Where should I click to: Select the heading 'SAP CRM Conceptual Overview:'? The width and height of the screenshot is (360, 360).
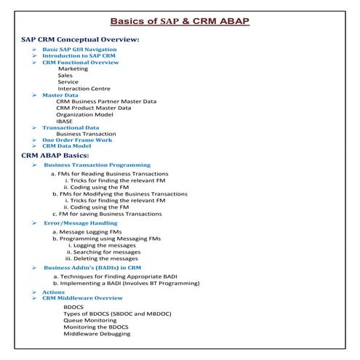[80, 39]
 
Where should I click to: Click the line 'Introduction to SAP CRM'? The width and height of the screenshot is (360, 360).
[78, 55]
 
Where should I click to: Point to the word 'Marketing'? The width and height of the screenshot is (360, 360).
[73, 69]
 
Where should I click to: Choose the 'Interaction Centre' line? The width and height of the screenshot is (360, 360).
[84, 89]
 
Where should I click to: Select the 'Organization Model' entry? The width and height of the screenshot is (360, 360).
[84, 114]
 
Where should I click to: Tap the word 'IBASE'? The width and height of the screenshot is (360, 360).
[65, 121]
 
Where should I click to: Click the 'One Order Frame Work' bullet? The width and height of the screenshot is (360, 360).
[76, 140]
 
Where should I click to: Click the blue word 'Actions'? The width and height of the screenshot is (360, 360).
[53, 292]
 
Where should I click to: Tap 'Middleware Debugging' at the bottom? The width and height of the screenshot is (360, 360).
[97, 334]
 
